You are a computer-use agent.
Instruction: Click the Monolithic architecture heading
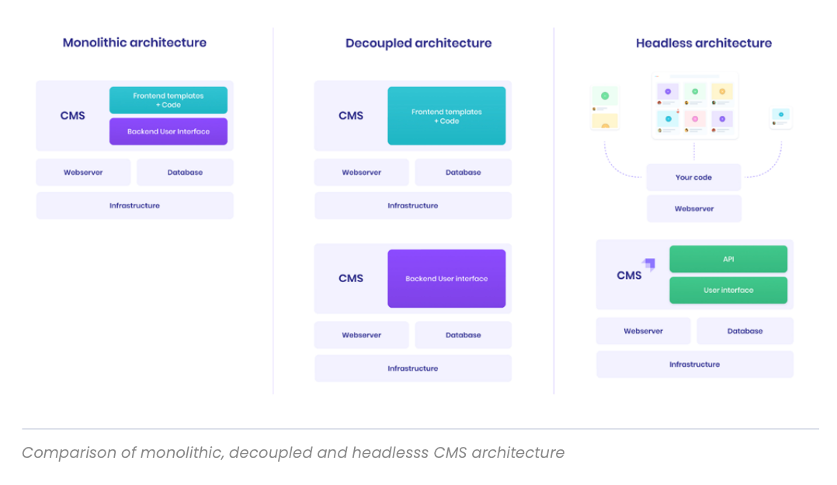[x=134, y=43]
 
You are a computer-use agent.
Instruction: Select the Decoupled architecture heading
[x=418, y=43]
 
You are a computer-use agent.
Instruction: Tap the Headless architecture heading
[x=703, y=43]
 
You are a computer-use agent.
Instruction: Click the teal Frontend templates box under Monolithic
[x=168, y=100]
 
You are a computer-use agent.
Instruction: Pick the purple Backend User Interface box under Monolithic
[x=168, y=131]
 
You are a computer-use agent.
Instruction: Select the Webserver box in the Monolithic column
[x=83, y=173]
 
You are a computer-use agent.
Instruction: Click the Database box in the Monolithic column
[x=185, y=173]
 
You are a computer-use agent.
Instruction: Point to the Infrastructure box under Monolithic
[x=134, y=206]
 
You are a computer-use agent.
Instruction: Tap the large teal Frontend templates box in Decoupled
[x=446, y=116]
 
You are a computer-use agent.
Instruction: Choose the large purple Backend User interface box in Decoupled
[x=446, y=278]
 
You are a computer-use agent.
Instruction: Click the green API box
[x=728, y=259]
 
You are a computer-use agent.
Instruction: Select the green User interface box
[x=728, y=290]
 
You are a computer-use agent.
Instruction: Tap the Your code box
[x=693, y=177]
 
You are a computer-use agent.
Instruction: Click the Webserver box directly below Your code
[x=693, y=209]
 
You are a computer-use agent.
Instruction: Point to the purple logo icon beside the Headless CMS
[x=649, y=264]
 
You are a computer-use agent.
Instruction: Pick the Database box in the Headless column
[x=745, y=331]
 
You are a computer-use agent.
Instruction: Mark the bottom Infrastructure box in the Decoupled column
[x=412, y=368]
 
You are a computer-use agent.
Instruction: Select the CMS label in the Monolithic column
[x=73, y=116]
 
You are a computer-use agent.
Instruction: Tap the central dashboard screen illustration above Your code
[x=694, y=106]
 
